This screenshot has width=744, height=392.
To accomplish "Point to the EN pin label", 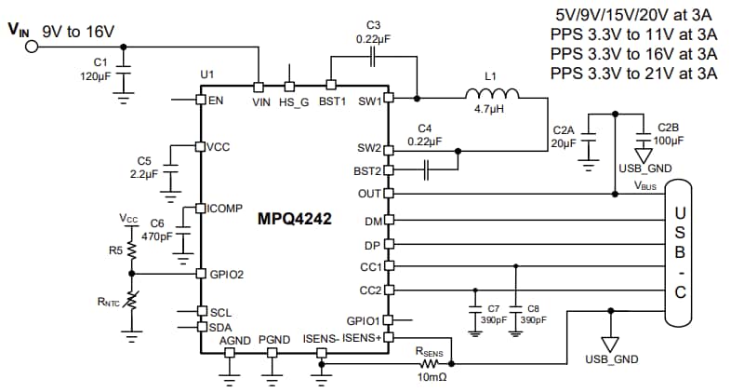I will click(216, 101).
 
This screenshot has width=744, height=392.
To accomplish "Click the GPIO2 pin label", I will click(225, 274).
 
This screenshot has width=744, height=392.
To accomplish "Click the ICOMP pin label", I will click(223, 208).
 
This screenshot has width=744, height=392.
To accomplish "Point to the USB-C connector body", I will click(680, 252).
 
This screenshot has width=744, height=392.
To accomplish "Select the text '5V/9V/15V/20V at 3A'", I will click(635, 16).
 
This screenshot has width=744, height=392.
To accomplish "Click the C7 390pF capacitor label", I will click(492, 313).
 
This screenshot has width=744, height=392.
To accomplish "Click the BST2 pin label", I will click(365, 170).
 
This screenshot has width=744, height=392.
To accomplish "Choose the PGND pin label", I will click(274, 341).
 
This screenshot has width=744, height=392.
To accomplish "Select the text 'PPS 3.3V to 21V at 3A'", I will click(635, 73).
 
